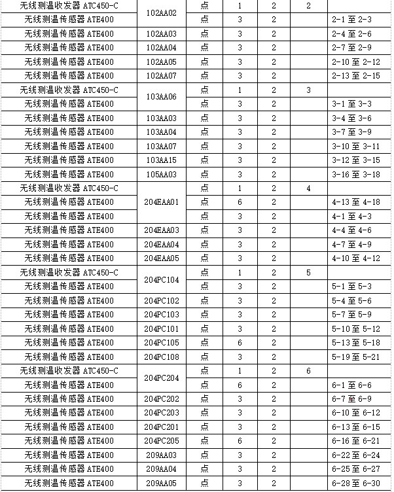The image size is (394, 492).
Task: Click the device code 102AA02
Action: pos(161,12)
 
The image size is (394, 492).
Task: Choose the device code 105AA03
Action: pos(161,174)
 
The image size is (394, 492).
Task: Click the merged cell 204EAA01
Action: pos(161,202)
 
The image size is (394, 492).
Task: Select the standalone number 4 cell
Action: pos(308,188)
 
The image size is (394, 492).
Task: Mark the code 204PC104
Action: pos(161,279)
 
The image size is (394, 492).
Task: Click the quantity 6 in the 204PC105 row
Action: pos(240,343)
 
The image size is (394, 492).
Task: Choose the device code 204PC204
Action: pos(161,378)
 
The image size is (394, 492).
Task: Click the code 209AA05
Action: pos(161,483)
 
